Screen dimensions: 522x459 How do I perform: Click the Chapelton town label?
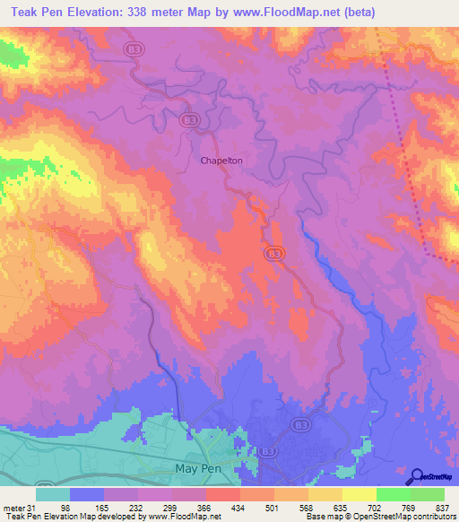pyautogui.click(x=221, y=161)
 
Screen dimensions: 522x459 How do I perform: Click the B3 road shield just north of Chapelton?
pyautogui.click(x=188, y=119)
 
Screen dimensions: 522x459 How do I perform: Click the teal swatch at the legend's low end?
pyautogui.click(x=53, y=494)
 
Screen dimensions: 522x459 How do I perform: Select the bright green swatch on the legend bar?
pyautogui.click(x=394, y=494)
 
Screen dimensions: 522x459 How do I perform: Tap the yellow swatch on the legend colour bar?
pyautogui.click(x=359, y=494)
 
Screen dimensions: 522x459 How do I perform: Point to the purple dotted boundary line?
pyautogui.click(x=409, y=170)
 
